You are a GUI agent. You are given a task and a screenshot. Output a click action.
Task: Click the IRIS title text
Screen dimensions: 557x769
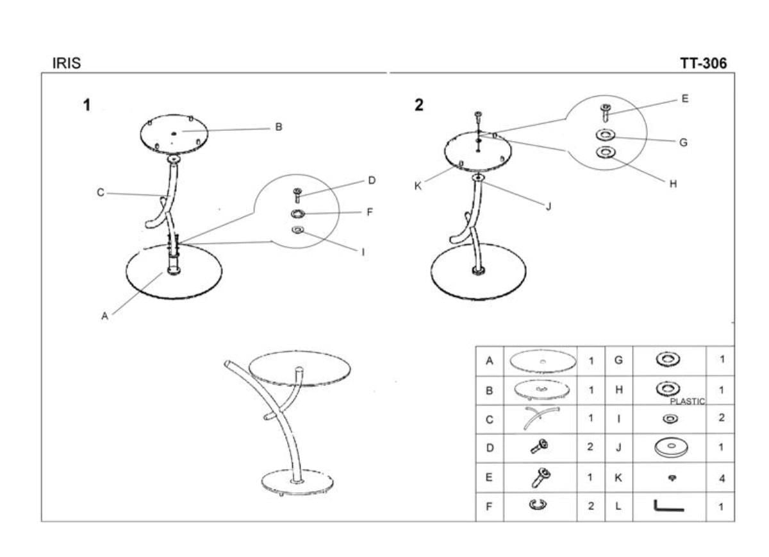click(67, 64)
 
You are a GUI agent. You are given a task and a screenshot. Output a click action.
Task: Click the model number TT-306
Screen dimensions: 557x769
click(703, 64)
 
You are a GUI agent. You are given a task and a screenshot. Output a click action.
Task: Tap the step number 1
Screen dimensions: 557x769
click(87, 105)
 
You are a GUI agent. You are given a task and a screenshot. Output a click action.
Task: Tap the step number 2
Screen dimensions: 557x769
click(419, 105)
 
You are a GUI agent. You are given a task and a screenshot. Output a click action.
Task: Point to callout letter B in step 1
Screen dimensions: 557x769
click(279, 127)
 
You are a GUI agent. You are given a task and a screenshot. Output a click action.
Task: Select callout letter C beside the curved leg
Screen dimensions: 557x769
click(101, 193)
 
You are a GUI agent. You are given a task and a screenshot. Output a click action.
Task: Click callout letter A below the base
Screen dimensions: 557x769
click(104, 315)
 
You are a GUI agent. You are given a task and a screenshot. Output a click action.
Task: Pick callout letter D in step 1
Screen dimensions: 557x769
click(372, 181)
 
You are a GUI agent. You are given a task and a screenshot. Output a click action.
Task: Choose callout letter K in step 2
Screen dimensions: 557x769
click(417, 186)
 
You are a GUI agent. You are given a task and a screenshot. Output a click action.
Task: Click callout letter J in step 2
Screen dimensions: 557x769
click(548, 206)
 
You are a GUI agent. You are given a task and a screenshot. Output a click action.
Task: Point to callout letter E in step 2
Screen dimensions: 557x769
click(685, 99)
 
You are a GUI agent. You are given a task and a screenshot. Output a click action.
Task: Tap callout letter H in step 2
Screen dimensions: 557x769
click(673, 184)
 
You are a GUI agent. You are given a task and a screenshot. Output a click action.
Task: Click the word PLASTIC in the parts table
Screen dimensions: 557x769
click(687, 402)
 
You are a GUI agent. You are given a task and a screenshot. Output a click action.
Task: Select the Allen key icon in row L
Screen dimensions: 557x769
click(668, 506)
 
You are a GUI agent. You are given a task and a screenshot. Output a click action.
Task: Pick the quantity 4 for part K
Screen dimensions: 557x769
click(722, 479)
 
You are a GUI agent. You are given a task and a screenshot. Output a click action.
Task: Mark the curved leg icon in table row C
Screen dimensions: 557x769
click(540, 418)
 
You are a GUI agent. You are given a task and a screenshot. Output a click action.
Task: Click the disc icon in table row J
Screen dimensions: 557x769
click(668, 447)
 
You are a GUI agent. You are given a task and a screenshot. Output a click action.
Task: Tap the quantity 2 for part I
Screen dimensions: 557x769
click(722, 418)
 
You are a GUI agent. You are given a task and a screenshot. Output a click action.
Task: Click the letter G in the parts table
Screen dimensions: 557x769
click(618, 361)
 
